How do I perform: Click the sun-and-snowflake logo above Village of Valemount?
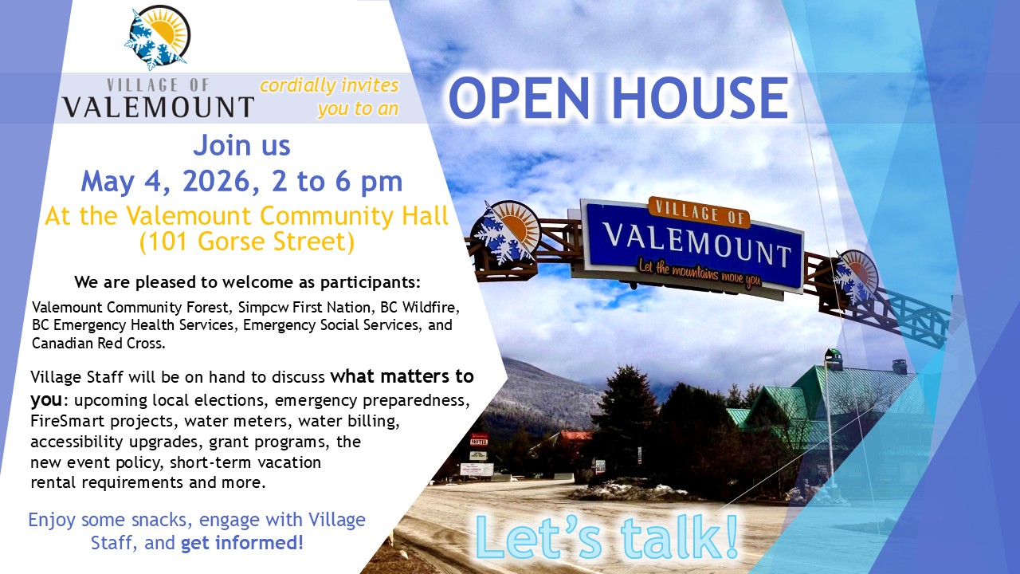(157, 37)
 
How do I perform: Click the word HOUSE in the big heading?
(700, 98)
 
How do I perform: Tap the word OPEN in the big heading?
(519, 98)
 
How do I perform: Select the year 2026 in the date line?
(216, 181)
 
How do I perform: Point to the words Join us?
(241, 145)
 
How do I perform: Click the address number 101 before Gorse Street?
(169, 242)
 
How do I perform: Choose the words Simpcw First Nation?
(304, 308)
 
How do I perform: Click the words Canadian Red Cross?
(98, 343)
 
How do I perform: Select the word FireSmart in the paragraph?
(68, 421)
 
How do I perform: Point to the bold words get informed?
(242, 543)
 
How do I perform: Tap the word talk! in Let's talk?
(681, 537)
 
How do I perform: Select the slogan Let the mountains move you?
(700, 273)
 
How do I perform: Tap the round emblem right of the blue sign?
(855, 276)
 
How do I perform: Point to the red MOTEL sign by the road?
(479, 441)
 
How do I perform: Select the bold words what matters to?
(402, 377)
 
